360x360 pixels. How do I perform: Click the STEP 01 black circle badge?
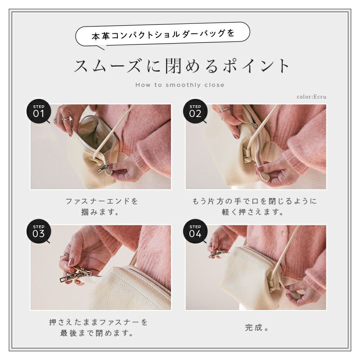tap(39, 111)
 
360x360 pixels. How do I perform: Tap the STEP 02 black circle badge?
tap(195, 111)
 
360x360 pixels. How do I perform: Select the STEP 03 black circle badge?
tap(39, 231)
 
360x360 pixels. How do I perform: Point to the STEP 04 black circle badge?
tap(195, 231)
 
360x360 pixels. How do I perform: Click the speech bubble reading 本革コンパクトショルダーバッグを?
tap(162, 35)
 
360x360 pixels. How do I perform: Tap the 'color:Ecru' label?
tap(311, 97)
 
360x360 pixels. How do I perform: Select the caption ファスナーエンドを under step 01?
tap(102, 201)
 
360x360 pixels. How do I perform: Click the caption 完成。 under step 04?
tap(256, 328)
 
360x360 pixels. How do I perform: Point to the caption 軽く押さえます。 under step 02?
tap(252, 211)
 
